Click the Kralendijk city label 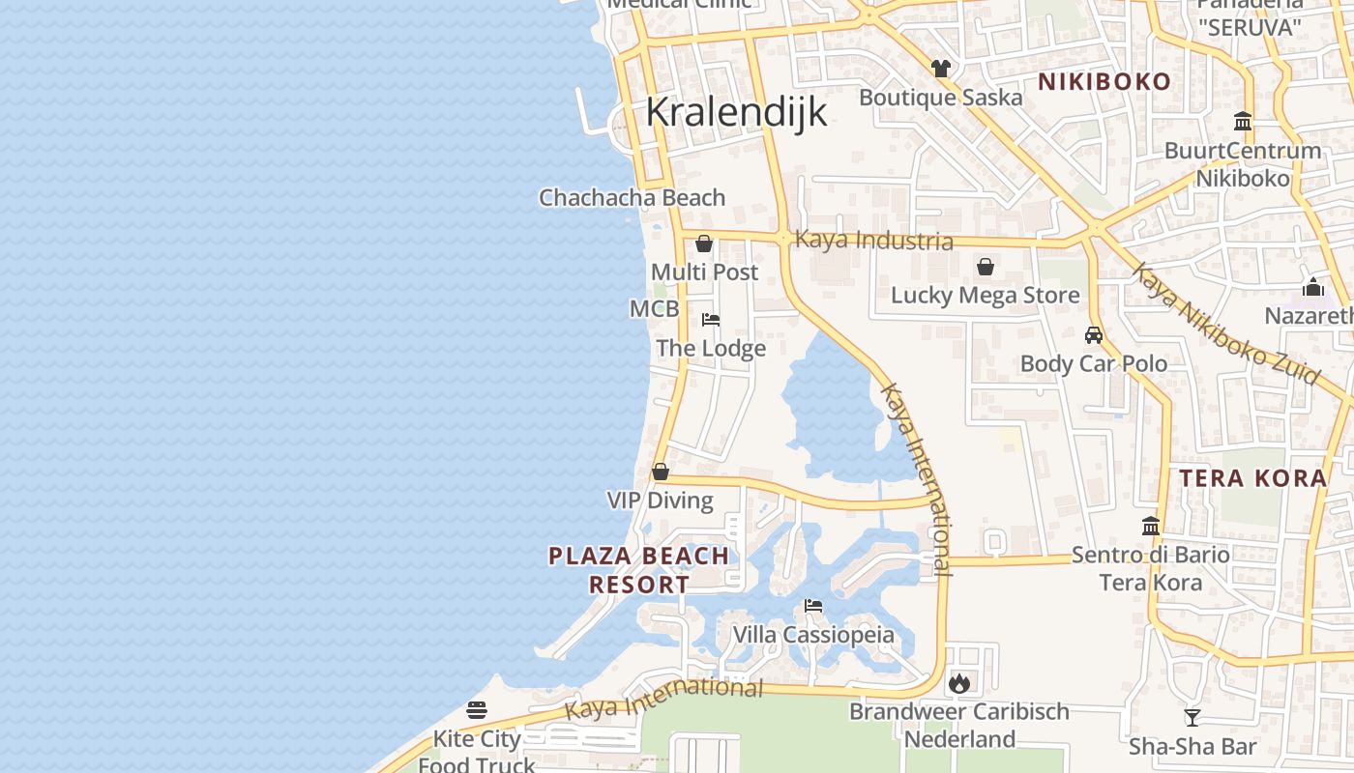[736, 112]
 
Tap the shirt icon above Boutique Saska [940, 69]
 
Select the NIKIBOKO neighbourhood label [1104, 82]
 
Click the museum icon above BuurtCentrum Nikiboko [1243, 122]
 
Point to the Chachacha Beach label [632, 198]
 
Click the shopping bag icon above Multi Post [704, 243]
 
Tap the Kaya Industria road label [873, 240]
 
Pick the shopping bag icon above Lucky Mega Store [985, 267]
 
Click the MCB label [654, 309]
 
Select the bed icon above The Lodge [711, 320]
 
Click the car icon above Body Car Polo [1094, 335]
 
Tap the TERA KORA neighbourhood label [1253, 478]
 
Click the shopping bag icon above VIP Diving [661, 472]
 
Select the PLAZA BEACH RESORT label [639, 570]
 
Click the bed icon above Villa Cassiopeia [813, 607]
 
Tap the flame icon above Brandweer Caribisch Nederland [959, 683]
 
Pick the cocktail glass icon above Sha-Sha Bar [1192, 718]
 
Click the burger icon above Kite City [477, 710]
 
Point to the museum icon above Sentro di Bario [1151, 527]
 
